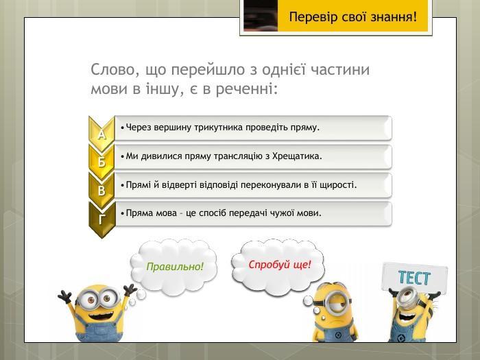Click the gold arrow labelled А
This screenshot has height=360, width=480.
pyautogui.click(x=101, y=132)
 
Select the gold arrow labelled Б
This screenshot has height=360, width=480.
pyautogui.click(x=101, y=160)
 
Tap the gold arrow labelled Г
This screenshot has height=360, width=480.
pyautogui.click(x=101, y=218)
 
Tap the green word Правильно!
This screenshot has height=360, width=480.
pyautogui.click(x=175, y=266)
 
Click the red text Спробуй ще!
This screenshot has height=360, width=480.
pyautogui.click(x=280, y=265)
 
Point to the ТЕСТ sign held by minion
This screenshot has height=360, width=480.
pyautogui.click(x=415, y=277)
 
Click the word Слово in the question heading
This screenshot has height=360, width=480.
pyautogui.click(x=112, y=70)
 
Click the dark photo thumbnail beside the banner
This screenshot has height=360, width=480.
pyautogui.click(x=261, y=15)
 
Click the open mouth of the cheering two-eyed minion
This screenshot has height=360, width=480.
pyautogui.click(x=100, y=315)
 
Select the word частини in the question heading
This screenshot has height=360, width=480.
pyautogui.click(x=340, y=70)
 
